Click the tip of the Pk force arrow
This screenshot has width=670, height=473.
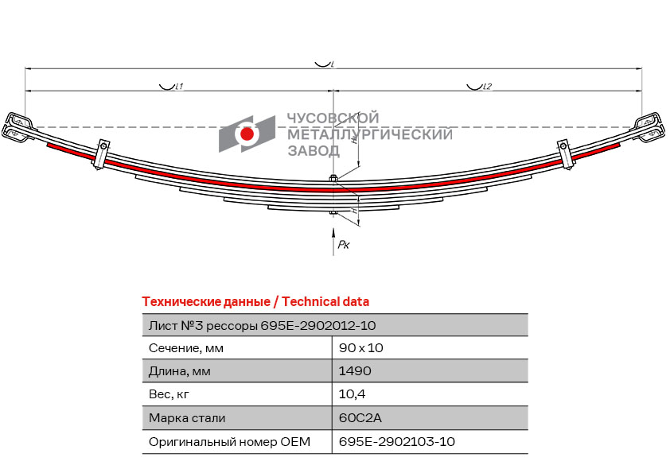[333, 228]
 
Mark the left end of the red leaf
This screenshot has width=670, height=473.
[48, 145]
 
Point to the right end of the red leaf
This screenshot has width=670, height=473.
[619, 145]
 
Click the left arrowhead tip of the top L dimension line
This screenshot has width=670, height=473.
[25, 68]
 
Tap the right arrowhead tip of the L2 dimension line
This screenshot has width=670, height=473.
[642, 91]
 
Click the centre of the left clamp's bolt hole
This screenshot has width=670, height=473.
[103, 146]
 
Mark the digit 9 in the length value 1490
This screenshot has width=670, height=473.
[355, 371]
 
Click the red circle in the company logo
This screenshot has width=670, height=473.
[247, 134]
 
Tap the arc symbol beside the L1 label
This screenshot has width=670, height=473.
[166, 87]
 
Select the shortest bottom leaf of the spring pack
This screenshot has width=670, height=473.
[333, 207]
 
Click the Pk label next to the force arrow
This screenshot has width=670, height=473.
[344, 245]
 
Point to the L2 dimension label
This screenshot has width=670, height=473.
[487, 86]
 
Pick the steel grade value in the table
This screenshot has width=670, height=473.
[360, 417]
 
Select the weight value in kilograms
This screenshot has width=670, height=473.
[352, 394]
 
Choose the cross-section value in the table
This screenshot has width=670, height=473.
[360, 348]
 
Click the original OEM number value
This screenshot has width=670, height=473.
[396, 441]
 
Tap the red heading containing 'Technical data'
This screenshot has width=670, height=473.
[255, 302]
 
